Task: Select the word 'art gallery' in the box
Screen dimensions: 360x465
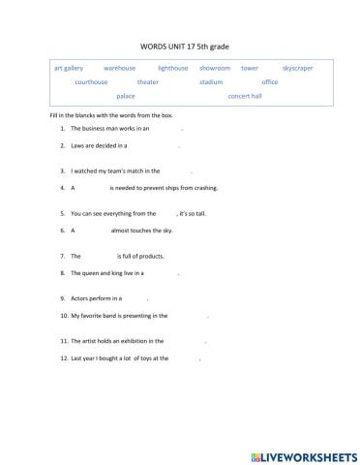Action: click(69, 69)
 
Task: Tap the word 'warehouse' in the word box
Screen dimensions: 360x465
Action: click(120, 69)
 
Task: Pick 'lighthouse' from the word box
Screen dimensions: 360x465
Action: click(173, 69)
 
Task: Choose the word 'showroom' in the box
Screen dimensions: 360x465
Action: click(215, 69)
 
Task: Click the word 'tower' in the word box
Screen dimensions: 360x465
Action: click(250, 69)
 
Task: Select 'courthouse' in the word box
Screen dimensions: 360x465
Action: click(93, 82)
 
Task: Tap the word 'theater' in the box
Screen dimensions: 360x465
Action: click(148, 82)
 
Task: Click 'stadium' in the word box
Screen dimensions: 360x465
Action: click(211, 82)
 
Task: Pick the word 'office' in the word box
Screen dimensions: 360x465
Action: click(270, 82)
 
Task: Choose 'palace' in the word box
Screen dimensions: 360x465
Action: click(126, 97)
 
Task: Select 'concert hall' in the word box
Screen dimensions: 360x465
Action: click(245, 97)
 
